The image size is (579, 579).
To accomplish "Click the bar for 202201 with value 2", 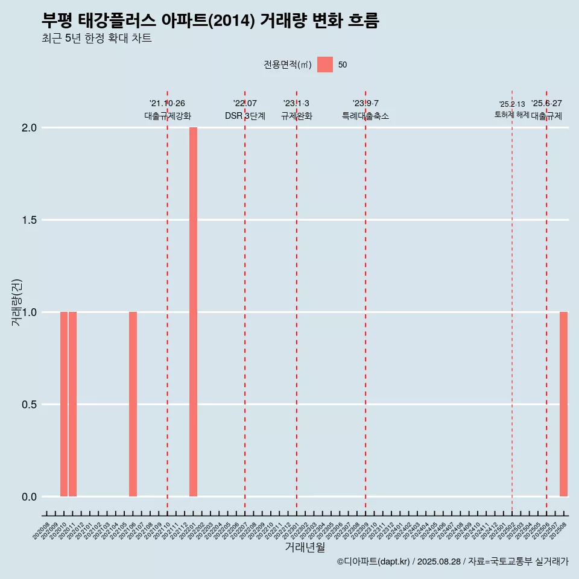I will [x=193, y=312].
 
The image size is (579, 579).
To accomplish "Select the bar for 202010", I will [x=64, y=404].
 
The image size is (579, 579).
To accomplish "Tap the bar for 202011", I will [x=72, y=404].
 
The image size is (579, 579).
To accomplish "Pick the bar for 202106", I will [x=133, y=404].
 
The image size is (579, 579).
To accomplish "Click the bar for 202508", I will [x=563, y=404].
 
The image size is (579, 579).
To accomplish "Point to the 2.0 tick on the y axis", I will [x=30, y=128].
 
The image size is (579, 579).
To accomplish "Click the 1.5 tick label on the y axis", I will [x=30, y=220].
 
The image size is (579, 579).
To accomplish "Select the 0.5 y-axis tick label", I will [x=30, y=405].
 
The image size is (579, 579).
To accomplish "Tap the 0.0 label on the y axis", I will [x=30, y=497].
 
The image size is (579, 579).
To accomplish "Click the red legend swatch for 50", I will [x=325, y=65].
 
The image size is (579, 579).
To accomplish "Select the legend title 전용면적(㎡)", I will [x=287, y=65].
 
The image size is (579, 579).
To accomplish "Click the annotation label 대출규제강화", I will [x=168, y=116].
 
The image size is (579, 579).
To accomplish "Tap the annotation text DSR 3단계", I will [x=245, y=116].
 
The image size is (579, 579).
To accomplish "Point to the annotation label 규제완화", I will [x=297, y=116].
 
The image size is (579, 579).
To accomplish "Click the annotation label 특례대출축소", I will [x=365, y=116].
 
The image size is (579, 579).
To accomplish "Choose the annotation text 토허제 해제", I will [x=512, y=115].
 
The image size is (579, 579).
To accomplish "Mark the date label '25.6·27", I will [x=546, y=104].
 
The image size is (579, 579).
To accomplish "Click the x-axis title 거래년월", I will [x=305, y=548].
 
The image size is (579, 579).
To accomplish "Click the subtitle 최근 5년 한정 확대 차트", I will [x=96, y=39].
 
